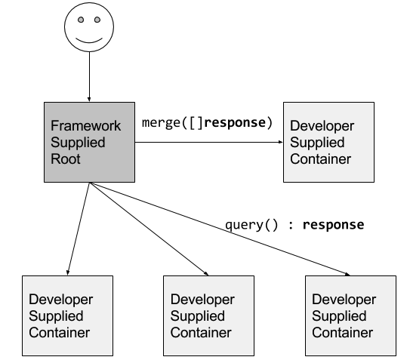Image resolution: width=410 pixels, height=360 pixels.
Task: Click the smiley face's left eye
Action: [81, 20]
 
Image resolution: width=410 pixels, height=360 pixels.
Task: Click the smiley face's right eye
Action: [97, 20]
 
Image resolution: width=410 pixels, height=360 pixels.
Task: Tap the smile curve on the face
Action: [89, 41]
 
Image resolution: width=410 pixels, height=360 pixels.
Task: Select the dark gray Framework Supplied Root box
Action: [89, 142]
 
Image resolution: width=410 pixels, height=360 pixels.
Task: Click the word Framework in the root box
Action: [86, 126]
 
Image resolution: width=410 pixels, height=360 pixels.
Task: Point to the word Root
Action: [66, 159]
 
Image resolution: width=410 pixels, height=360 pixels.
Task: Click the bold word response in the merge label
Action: [235, 122]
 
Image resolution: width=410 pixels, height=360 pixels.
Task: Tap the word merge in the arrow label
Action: [161, 122]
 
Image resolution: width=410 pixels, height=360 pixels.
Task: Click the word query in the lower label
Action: [244, 225]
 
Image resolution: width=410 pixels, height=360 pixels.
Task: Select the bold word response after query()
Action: [334, 225]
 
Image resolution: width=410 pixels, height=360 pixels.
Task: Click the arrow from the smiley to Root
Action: [89, 76]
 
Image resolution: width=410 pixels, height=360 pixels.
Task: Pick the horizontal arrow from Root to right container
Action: [209, 142]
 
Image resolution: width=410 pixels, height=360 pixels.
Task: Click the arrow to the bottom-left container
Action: [79, 229]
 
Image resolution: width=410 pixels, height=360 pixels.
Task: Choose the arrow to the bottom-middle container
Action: [149, 229]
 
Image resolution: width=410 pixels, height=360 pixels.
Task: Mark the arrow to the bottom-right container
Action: [220, 229]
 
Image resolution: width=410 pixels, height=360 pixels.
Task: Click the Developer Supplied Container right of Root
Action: [328, 142]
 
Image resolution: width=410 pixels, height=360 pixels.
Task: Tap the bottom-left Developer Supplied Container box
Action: [67, 315]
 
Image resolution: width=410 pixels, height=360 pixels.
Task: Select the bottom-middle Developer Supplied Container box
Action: [208, 315]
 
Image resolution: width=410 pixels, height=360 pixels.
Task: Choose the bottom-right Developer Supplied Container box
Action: [350, 315]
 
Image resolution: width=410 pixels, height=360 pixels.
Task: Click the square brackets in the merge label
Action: [196, 123]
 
